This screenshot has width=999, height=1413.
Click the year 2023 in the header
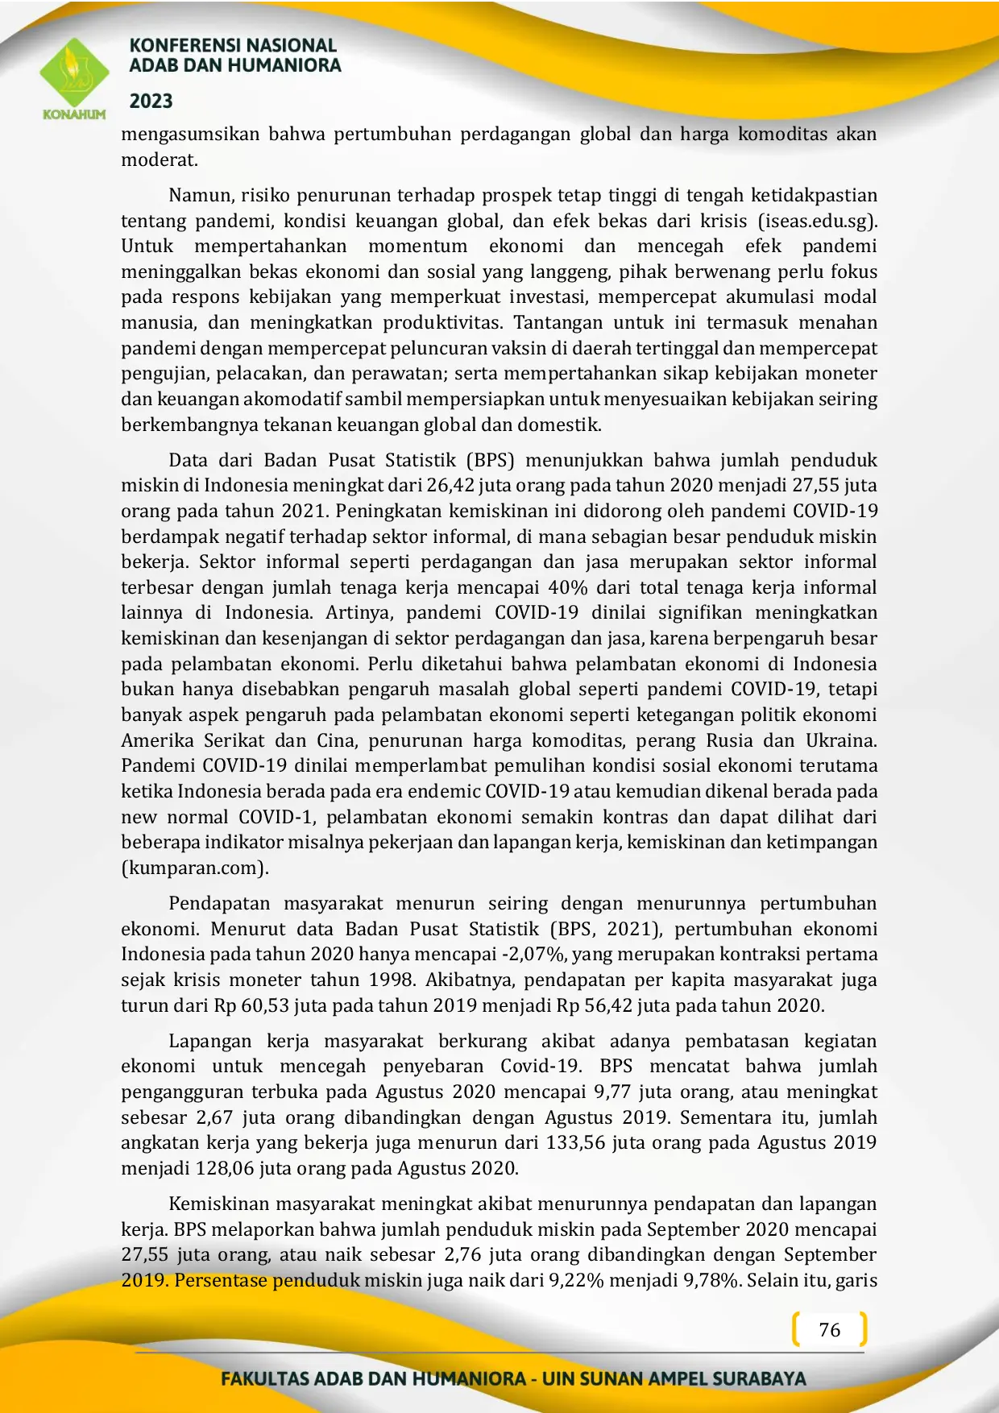tap(151, 101)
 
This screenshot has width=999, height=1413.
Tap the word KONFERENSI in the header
tap(179, 46)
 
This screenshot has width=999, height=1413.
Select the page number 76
tap(829, 1330)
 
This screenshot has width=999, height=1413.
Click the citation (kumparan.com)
tap(195, 868)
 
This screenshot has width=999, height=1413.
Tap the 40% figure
tap(569, 587)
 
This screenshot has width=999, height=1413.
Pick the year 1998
tap(391, 980)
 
